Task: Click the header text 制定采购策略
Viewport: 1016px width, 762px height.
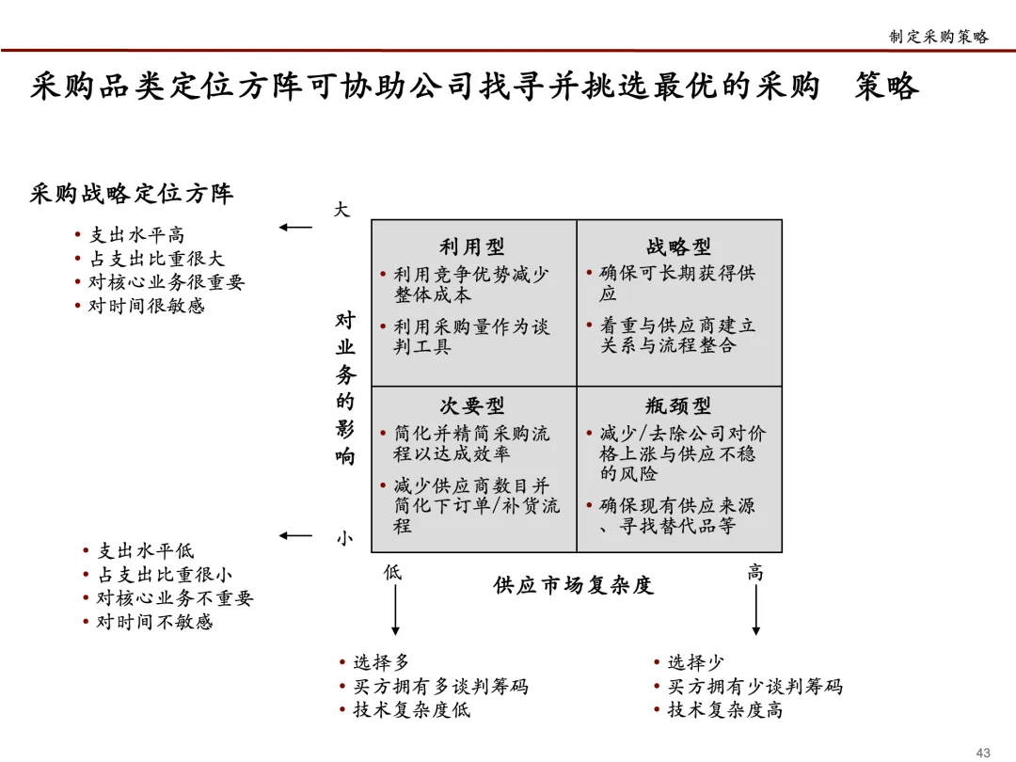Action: click(939, 37)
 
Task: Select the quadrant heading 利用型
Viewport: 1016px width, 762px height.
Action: click(472, 247)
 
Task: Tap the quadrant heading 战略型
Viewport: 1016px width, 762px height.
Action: click(678, 247)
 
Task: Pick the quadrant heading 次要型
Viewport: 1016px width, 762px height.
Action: click(472, 406)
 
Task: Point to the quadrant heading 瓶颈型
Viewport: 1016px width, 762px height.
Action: click(678, 406)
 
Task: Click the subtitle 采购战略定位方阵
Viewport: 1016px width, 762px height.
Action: click(132, 194)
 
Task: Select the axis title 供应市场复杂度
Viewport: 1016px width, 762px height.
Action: click(573, 585)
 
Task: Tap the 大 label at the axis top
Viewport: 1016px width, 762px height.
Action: click(342, 210)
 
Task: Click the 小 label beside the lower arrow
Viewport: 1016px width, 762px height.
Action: click(345, 538)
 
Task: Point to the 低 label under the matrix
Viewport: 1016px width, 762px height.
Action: click(392, 572)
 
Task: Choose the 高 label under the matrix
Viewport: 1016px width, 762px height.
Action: click(755, 572)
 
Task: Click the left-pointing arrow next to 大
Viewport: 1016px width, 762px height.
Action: click(295, 227)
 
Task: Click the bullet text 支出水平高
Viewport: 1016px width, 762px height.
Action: click(136, 235)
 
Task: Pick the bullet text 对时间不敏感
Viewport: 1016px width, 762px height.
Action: click(154, 622)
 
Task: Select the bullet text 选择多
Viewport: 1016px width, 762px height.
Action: click(381, 663)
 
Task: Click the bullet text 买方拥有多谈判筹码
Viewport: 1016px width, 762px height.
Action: click(440, 687)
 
